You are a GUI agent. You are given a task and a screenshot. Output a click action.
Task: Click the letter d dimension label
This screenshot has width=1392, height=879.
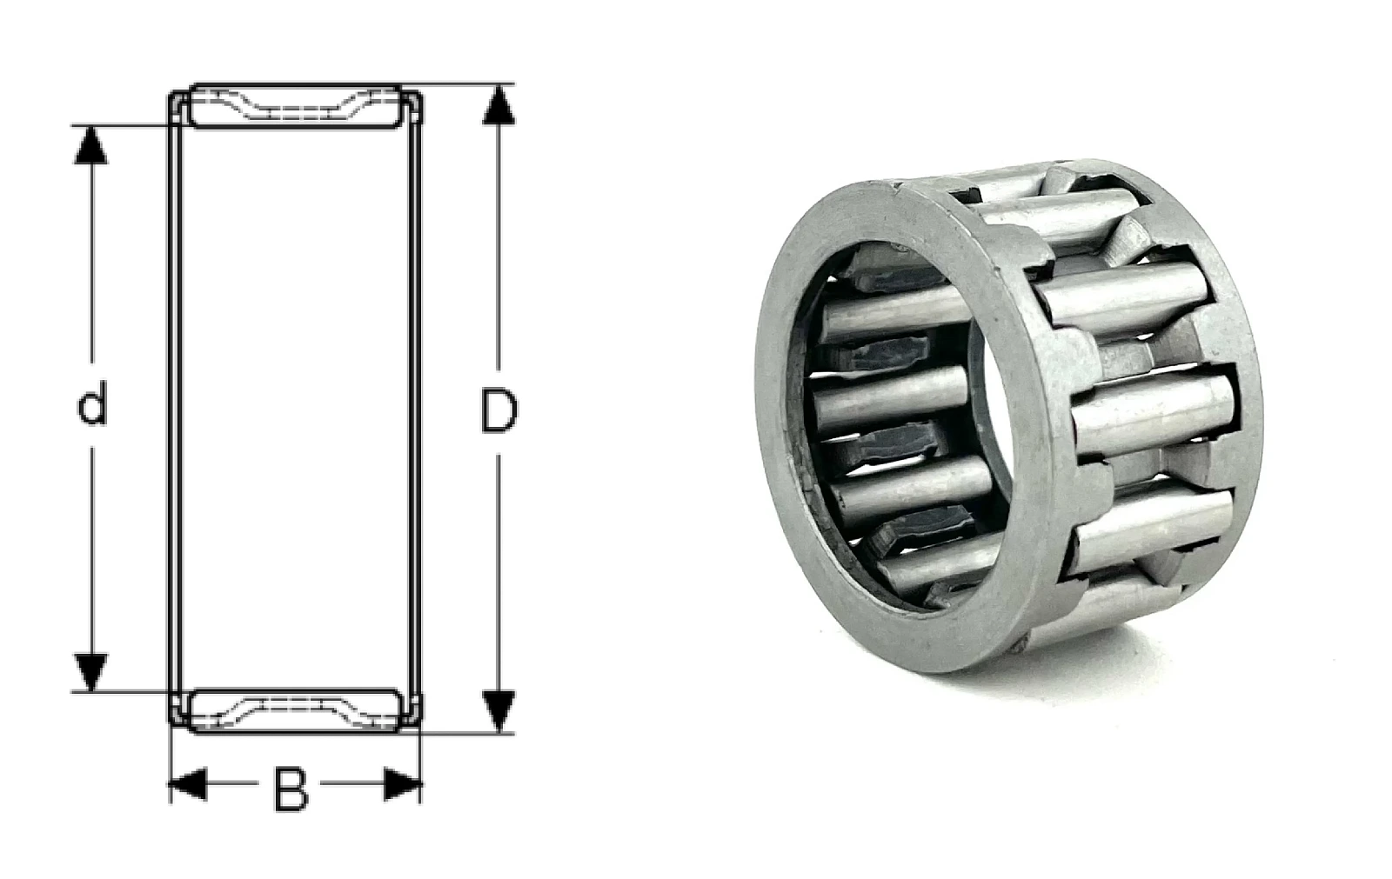click(92, 403)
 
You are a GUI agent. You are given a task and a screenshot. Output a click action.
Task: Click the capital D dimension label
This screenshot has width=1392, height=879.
click(499, 410)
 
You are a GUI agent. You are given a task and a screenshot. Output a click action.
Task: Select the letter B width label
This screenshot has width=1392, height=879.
click(291, 789)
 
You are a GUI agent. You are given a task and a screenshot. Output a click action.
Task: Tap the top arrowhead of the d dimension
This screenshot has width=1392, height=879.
click(91, 144)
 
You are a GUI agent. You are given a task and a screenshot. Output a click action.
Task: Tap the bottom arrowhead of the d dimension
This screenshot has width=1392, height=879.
click(91, 672)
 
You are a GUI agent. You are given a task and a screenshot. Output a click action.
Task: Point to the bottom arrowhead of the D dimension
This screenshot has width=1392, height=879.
click(499, 712)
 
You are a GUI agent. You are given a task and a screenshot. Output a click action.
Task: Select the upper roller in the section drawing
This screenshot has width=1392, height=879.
click(295, 105)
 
